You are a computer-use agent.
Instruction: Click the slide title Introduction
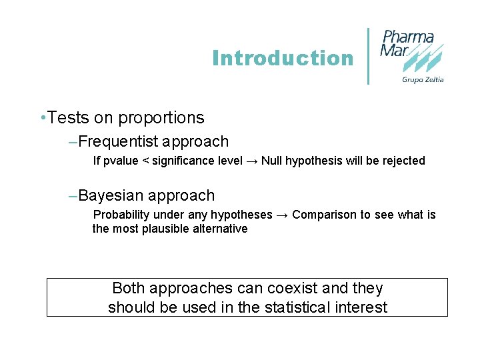[283, 59]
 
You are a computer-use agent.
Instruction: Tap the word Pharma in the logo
[408, 37]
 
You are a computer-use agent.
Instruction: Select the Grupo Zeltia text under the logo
[423, 80]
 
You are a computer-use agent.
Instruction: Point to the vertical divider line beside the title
[369, 56]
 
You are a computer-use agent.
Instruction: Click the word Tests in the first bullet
[69, 118]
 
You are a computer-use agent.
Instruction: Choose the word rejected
[402, 161]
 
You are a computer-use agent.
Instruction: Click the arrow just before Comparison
[282, 215]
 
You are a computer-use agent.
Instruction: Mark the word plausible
[159, 229]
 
